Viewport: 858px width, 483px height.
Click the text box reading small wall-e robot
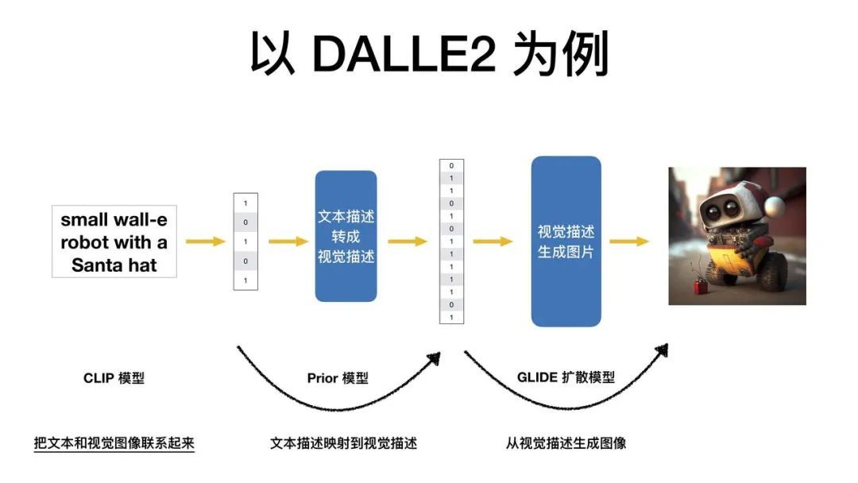pyautogui.click(x=114, y=241)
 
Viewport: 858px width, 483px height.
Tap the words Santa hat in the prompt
pyautogui.click(x=114, y=265)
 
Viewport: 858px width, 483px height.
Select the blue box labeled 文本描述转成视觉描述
pyautogui.click(x=346, y=236)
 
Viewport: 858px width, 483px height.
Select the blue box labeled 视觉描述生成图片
pyautogui.click(x=566, y=241)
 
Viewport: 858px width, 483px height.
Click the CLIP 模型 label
pyautogui.click(x=114, y=378)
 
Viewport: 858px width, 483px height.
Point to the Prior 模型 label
pyautogui.click(x=338, y=378)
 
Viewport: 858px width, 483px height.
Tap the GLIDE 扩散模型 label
pyautogui.click(x=566, y=378)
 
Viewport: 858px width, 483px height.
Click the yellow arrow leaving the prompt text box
pyautogui.click(x=205, y=241)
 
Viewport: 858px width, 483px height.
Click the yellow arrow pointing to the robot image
pyautogui.click(x=629, y=241)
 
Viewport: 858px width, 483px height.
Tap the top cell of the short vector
pyautogui.click(x=245, y=203)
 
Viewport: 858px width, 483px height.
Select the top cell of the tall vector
pyautogui.click(x=451, y=166)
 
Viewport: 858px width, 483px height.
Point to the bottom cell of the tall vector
pyautogui.click(x=451, y=318)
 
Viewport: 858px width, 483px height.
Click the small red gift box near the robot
pyautogui.click(x=701, y=286)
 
